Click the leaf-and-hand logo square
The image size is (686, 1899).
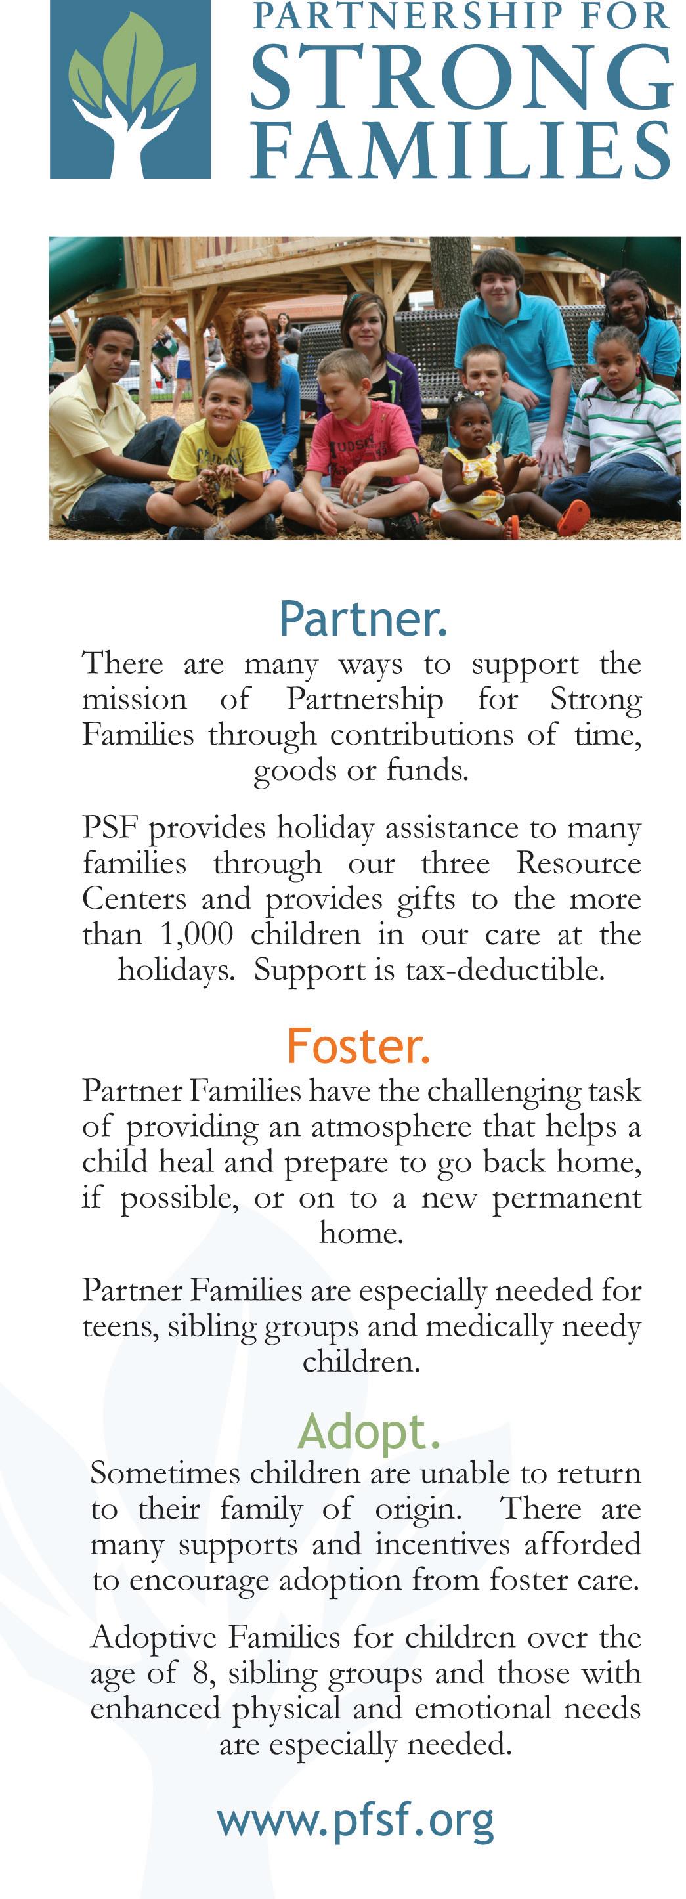pyautogui.click(x=131, y=89)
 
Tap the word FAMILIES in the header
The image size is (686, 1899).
pyautogui.click(x=461, y=150)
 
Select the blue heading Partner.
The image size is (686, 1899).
pyautogui.click(x=362, y=619)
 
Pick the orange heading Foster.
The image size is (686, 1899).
pyautogui.click(x=358, y=1046)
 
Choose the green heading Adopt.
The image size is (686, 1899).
pyautogui.click(x=369, y=1431)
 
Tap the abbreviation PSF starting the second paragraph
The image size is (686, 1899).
pyautogui.click(x=110, y=828)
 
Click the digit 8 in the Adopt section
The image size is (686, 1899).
pyautogui.click(x=200, y=1673)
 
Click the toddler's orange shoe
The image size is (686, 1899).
pyautogui.click(x=572, y=517)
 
